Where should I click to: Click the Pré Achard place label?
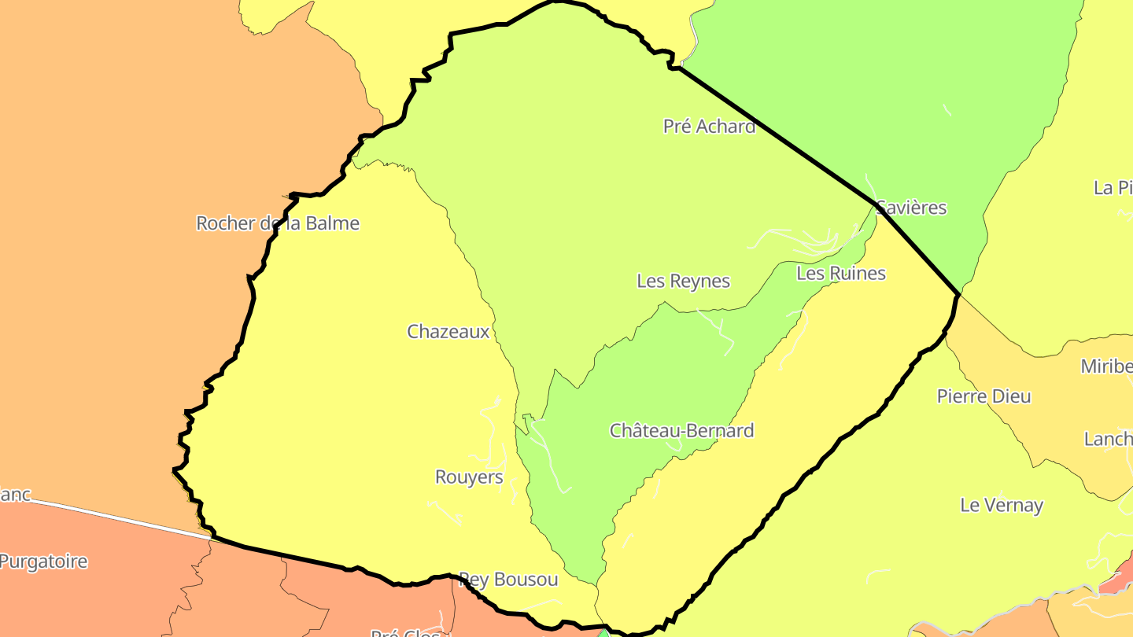click(x=709, y=126)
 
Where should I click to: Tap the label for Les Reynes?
click(x=683, y=281)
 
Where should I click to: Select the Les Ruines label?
click(x=840, y=273)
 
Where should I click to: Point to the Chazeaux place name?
click(x=448, y=332)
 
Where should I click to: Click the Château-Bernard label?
click(x=681, y=431)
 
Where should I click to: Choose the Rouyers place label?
click(x=469, y=477)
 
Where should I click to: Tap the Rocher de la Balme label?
click(x=277, y=223)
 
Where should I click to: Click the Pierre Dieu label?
click(x=984, y=396)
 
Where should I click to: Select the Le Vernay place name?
click(x=1002, y=505)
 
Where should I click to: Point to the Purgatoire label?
click(x=43, y=562)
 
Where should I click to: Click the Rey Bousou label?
click(x=508, y=580)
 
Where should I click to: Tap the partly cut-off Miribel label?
click(x=1106, y=366)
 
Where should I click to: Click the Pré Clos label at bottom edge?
click(x=406, y=631)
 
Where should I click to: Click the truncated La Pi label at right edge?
click(x=1113, y=188)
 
